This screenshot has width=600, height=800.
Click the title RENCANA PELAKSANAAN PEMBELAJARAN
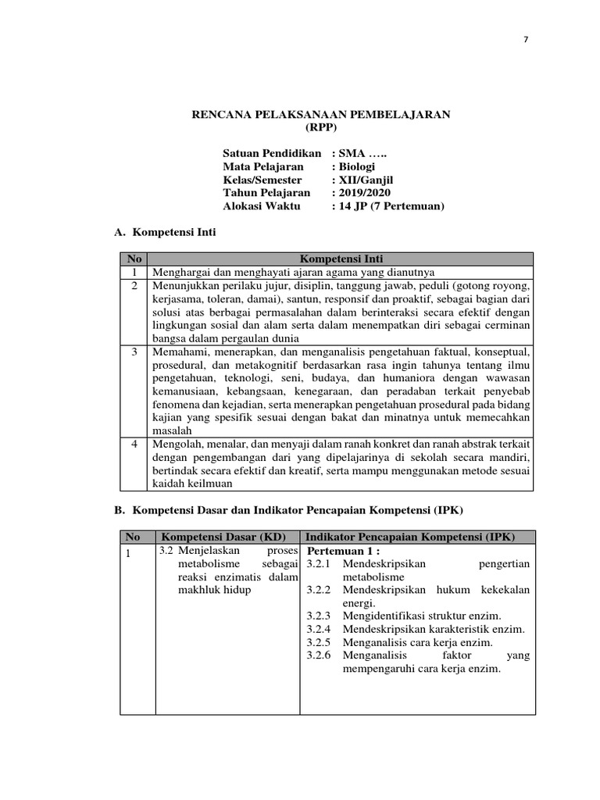point(321,115)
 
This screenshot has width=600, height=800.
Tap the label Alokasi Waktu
point(261,205)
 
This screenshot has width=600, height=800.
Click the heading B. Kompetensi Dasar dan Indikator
point(288,510)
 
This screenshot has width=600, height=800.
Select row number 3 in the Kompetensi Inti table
point(134,352)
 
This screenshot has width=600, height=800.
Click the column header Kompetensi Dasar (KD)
point(223,537)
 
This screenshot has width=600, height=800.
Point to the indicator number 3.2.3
point(319,616)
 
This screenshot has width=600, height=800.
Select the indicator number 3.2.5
point(319,642)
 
